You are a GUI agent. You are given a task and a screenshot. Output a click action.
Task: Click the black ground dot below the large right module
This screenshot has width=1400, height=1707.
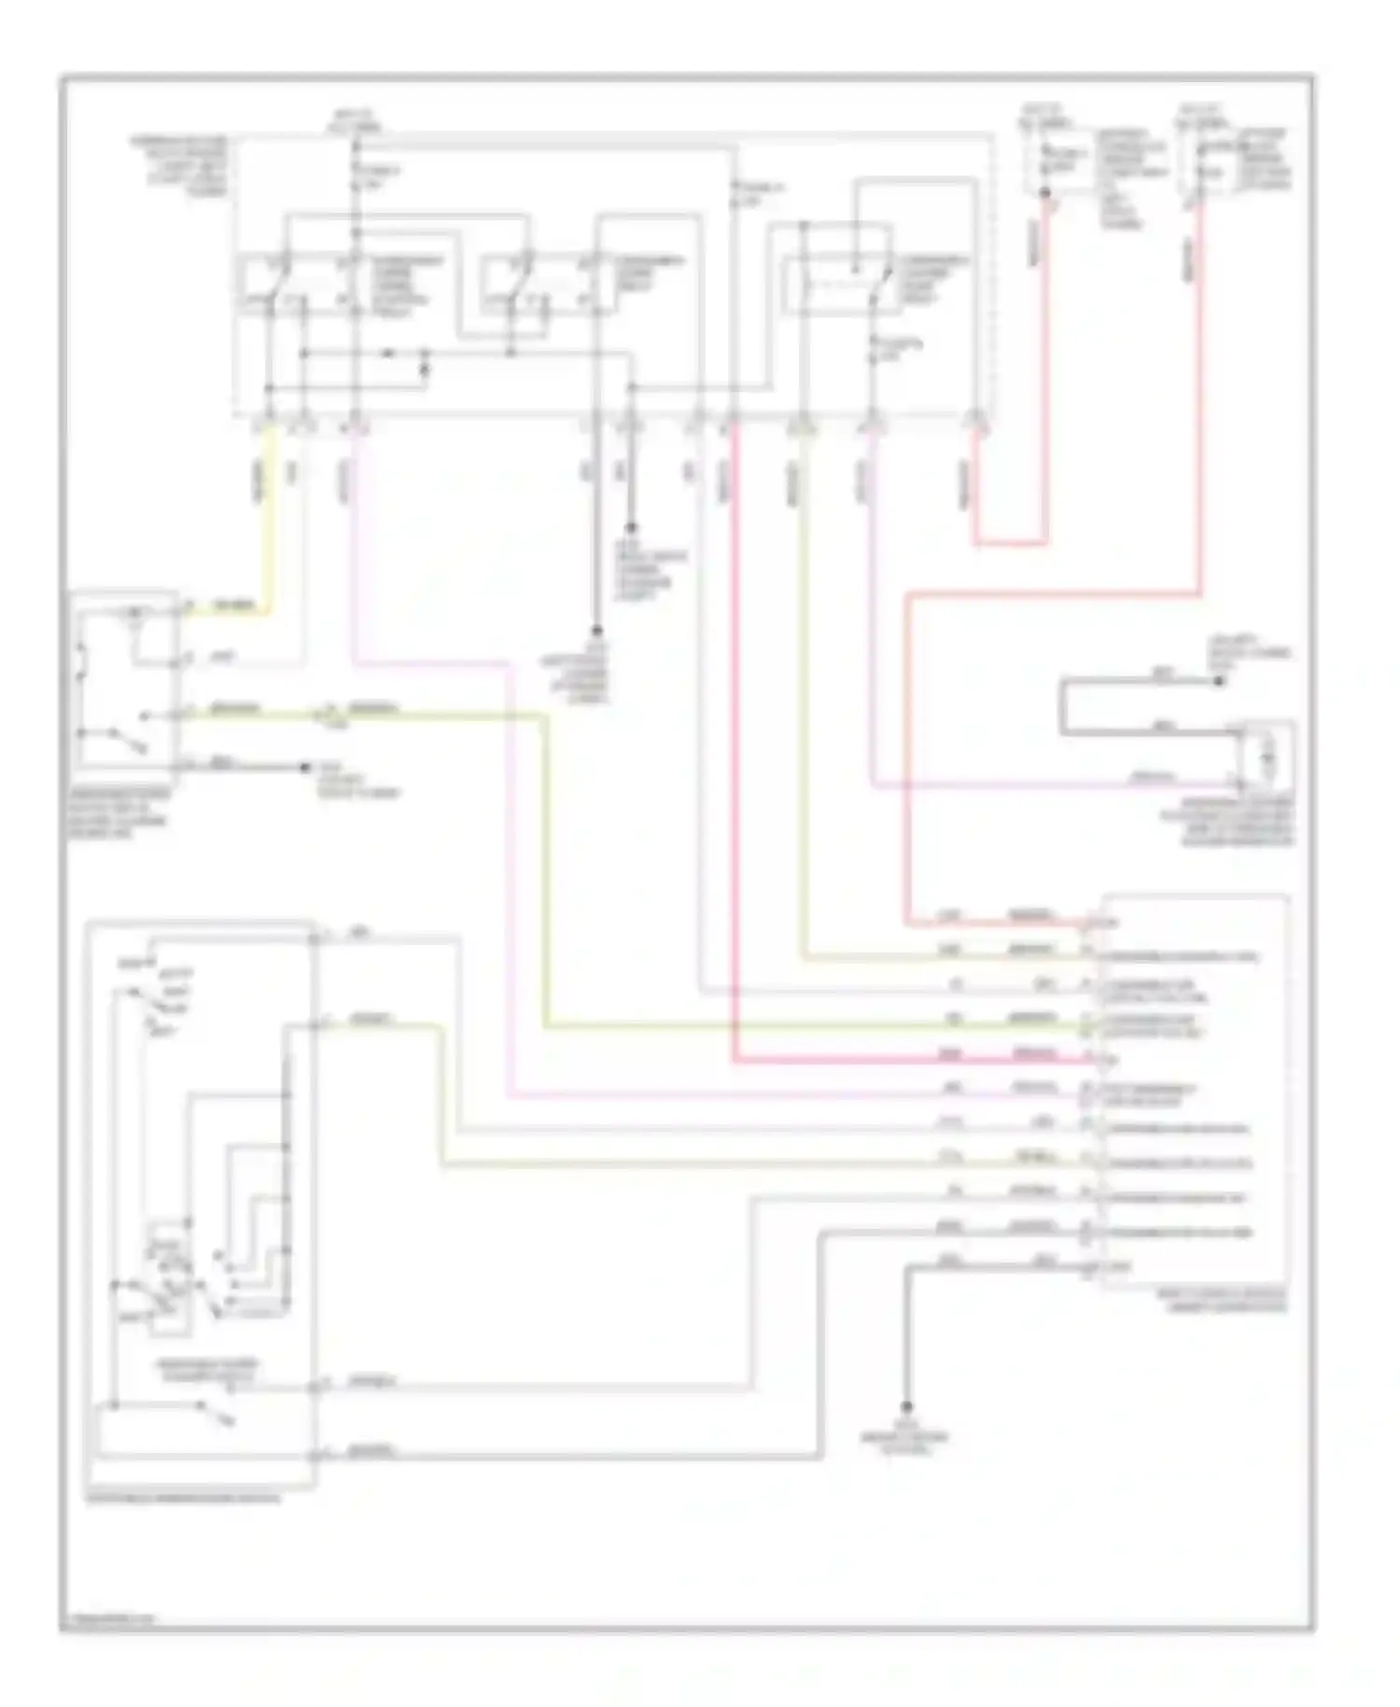click(x=905, y=1406)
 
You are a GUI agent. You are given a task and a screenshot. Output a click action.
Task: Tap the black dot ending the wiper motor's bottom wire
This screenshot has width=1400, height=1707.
click(x=304, y=768)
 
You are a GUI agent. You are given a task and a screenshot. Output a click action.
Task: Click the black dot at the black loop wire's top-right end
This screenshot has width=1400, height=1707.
click(x=1218, y=681)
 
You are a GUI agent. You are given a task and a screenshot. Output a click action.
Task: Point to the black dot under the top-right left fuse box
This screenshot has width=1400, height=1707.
click(x=1045, y=193)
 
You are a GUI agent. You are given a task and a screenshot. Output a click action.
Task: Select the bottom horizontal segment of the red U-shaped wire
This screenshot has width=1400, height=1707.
click(x=1010, y=543)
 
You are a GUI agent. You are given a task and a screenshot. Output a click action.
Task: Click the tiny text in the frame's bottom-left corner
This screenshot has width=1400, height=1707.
click(x=107, y=1618)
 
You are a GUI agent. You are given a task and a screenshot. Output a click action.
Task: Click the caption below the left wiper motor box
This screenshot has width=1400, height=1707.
click(x=116, y=812)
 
